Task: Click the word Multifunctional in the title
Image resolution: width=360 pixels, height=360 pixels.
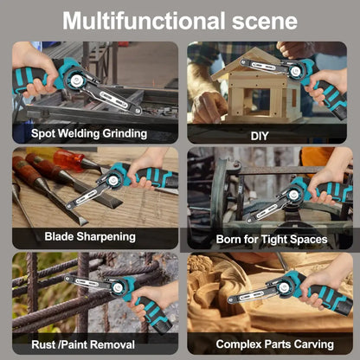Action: (144, 21)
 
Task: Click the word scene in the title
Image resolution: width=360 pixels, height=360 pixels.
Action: (265, 22)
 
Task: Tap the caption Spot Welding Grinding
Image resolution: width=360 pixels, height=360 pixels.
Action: (89, 133)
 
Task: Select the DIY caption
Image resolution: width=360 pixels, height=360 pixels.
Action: (260, 136)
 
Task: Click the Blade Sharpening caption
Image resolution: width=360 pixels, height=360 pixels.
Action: (90, 236)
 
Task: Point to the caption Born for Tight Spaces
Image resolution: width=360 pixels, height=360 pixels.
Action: (272, 240)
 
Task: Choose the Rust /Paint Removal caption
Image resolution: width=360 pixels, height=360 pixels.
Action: (83, 344)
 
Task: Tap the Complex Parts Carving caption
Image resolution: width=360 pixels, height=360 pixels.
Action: (274, 344)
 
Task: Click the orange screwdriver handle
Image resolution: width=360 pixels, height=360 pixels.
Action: (68, 158)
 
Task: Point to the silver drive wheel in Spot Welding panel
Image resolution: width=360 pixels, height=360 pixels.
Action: (76, 80)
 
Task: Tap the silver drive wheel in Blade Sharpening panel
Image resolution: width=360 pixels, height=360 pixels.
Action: (112, 181)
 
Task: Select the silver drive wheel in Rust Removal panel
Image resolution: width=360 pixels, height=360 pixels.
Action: (118, 287)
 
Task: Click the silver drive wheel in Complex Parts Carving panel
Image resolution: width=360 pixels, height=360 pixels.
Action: (283, 287)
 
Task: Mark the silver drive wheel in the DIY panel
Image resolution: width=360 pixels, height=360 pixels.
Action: (295, 71)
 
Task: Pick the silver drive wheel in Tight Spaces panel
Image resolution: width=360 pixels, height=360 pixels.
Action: (293, 194)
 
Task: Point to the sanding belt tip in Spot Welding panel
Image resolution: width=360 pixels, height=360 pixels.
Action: (138, 111)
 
